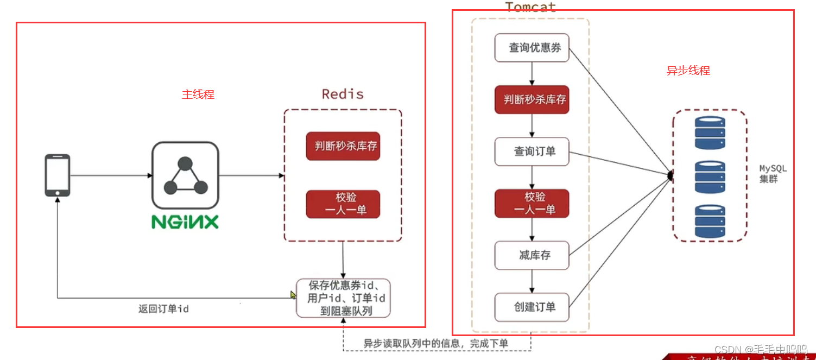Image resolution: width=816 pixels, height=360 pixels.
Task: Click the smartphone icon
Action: (x=57, y=175)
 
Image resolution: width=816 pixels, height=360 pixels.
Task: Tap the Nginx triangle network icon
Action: (x=185, y=175)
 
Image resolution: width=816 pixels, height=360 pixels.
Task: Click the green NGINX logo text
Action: (x=185, y=222)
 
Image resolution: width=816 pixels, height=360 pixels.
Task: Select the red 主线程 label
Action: (x=198, y=94)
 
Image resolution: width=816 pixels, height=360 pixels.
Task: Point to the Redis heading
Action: (x=343, y=94)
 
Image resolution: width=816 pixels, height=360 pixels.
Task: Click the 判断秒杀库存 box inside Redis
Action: (x=343, y=146)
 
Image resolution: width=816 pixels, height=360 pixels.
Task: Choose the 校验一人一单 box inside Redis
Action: (x=343, y=204)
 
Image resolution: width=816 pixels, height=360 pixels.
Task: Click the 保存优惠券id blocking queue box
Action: (x=343, y=298)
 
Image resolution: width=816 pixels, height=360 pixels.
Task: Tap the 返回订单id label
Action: (x=163, y=309)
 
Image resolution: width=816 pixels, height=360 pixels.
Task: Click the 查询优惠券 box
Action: (x=532, y=48)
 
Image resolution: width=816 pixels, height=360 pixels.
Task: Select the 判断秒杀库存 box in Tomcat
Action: (x=532, y=99)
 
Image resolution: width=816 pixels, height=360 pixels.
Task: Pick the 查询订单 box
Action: (x=532, y=151)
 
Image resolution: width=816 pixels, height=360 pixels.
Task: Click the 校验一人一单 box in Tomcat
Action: (x=532, y=203)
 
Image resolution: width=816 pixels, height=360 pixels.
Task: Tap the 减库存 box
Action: (x=532, y=255)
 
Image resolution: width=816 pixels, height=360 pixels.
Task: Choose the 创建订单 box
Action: (x=532, y=307)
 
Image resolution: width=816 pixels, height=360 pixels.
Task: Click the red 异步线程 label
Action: (x=688, y=71)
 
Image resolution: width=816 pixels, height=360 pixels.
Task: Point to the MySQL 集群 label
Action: (x=772, y=174)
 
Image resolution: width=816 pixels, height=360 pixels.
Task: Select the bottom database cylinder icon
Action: (x=710, y=221)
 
